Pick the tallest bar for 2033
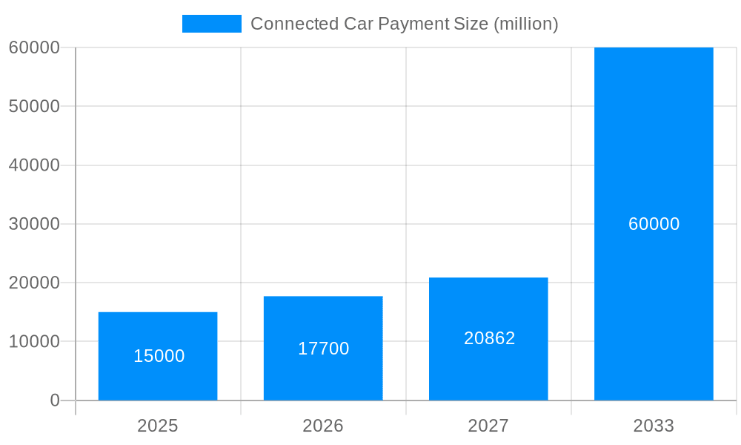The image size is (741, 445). (654, 148)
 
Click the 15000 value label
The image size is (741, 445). (159, 356)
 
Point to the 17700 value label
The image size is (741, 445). (323, 349)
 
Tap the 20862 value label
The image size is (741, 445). (489, 338)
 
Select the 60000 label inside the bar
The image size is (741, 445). (654, 224)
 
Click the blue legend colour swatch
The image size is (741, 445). (212, 24)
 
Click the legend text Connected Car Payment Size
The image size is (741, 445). (404, 24)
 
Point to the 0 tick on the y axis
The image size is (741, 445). (55, 400)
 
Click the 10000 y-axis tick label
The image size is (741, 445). (34, 342)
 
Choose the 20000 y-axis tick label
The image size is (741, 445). (34, 283)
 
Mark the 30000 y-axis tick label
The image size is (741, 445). (34, 224)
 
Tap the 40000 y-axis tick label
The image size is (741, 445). (34, 165)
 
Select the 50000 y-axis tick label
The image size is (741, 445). (34, 106)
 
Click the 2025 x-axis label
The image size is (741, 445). (158, 426)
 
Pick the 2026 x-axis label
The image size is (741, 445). (323, 426)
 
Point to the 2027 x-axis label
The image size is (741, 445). (488, 426)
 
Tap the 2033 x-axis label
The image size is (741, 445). (654, 426)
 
